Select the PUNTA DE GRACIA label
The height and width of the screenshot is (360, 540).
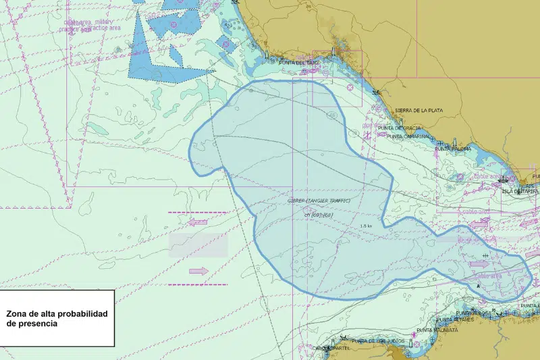(400, 128)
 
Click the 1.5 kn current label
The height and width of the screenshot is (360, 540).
(367, 226)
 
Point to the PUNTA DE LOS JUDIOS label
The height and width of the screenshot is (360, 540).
(377, 341)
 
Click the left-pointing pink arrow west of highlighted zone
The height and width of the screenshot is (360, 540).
(198, 222)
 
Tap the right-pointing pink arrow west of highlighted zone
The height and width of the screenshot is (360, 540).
(198, 271)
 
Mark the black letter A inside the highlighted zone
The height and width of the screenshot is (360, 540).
(478, 286)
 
